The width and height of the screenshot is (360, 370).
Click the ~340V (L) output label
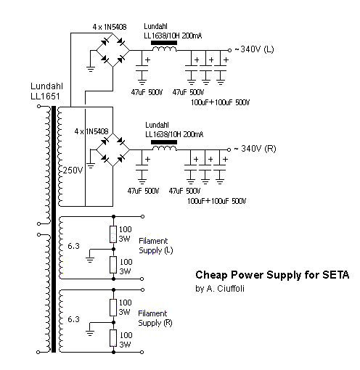tap(254, 49)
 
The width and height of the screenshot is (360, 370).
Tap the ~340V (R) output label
tap(255, 149)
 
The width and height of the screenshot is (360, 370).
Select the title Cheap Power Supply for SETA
tap(272, 275)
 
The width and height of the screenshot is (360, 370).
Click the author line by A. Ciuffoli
tap(220, 289)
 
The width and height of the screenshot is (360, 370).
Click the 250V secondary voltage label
tap(73, 170)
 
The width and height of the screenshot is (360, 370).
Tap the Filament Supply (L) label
tap(156, 245)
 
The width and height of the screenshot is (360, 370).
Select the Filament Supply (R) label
tap(155, 318)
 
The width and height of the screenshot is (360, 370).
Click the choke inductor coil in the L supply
tap(164, 49)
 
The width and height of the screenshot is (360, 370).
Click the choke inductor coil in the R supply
tap(164, 148)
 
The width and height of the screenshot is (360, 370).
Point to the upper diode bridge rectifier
tap(113, 50)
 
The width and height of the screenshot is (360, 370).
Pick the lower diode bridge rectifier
tap(113, 150)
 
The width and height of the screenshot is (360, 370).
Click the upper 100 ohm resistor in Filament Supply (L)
tap(113, 234)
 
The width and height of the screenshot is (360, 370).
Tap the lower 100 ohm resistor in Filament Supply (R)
tap(113, 338)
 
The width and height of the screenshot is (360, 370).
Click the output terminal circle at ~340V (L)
tap(229, 50)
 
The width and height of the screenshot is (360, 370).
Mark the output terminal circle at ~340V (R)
tap(229, 149)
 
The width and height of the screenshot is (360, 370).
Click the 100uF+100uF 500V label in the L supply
tap(220, 102)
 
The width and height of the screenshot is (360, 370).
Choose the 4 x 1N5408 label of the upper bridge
tap(110, 27)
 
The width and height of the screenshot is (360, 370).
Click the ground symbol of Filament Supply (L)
tap(90, 260)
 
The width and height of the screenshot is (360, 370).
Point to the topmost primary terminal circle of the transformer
tap(38, 106)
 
